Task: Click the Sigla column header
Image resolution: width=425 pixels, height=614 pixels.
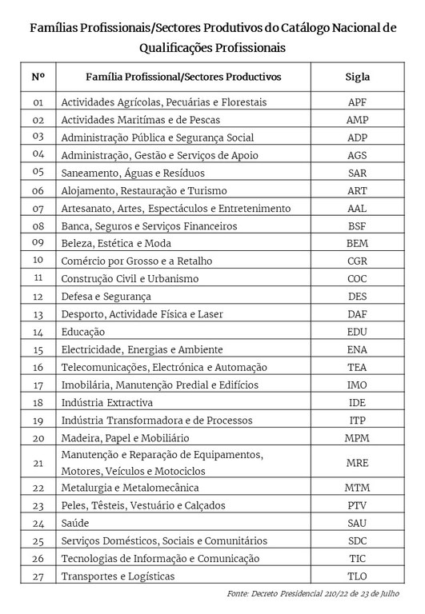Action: (357, 77)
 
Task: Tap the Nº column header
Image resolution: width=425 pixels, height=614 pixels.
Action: (38, 77)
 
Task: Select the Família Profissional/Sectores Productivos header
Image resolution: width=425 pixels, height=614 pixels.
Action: (183, 77)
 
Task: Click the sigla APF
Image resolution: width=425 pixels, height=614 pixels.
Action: (357, 102)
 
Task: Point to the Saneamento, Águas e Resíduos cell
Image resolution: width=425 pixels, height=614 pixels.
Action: (133, 173)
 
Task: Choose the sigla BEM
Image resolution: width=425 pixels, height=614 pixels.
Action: (357, 243)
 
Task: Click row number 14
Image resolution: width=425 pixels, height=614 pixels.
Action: (38, 331)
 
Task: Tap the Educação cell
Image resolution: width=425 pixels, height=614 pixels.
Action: (83, 331)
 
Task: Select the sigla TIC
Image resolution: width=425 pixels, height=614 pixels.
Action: (357, 558)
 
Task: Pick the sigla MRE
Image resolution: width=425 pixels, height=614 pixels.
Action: (357, 463)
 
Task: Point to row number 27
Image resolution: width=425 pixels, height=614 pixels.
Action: (38, 576)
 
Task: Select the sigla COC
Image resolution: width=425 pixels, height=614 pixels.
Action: (357, 278)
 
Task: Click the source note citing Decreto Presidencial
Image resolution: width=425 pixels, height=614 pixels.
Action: (315, 594)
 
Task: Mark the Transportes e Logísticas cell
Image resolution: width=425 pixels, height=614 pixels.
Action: (118, 576)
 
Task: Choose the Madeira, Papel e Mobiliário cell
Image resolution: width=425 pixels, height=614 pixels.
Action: (125, 437)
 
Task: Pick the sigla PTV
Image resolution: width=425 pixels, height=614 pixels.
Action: (357, 505)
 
